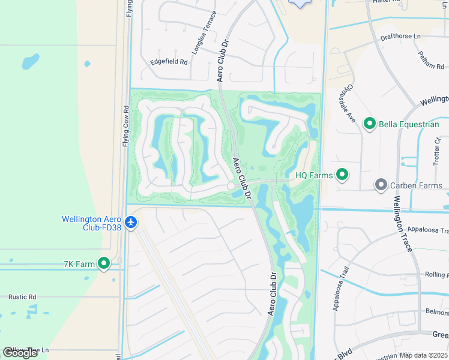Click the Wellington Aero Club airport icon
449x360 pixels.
(x=131, y=223)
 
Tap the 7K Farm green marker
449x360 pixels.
(x=104, y=263)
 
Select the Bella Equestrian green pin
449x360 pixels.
(x=369, y=124)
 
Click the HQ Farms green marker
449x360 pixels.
(x=342, y=175)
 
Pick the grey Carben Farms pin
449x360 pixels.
(x=380, y=185)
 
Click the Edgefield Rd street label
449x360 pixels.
(x=169, y=62)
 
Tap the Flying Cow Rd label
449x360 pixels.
(x=126, y=127)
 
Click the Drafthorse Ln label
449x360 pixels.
(x=400, y=36)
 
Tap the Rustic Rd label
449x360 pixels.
(x=22, y=296)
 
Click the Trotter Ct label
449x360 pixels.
(x=437, y=152)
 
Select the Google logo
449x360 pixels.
(x=20, y=353)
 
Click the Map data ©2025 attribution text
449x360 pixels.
(x=424, y=355)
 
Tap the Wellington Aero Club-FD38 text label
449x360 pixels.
(x=91, y=223)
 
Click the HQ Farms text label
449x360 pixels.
(x=314, y=175)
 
